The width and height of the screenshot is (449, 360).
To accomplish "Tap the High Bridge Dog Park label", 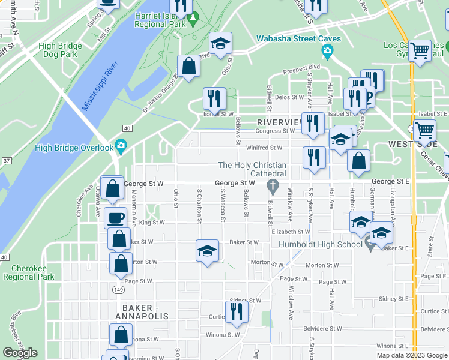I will [58, 50].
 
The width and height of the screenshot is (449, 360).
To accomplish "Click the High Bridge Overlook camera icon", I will [121, 146].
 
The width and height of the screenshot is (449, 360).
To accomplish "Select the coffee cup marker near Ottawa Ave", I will [115, 217].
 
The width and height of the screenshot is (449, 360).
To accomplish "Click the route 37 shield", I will [6, 160].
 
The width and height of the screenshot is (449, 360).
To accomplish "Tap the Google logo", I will [20, 353].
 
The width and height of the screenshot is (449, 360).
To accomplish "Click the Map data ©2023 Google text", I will [412, 355].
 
